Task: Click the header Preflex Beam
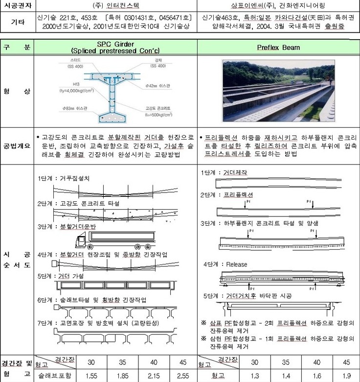(x=278, y=48)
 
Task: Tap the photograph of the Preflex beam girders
(x=278, y=91)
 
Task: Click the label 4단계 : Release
(x=225, y=264)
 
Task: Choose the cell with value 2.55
(x=183, y=376)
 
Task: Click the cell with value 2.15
(x=153, y=376)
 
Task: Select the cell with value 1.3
(x=254, y=376)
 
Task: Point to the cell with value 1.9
(x=346, y=376)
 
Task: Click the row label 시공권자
(x=17, y=7)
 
